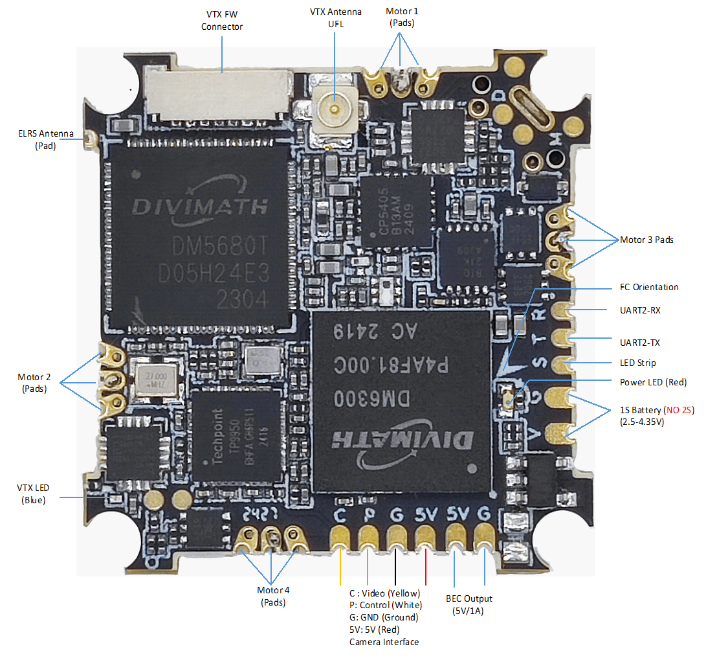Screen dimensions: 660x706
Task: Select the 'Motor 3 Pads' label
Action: (x=646, y=240)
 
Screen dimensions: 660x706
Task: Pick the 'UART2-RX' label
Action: (x=640, y=310)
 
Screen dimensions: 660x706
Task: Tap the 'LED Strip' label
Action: (x=637, y=363)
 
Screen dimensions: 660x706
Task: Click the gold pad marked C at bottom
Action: (x=339, y=538)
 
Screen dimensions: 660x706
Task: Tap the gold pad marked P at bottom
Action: (x=368, y=538)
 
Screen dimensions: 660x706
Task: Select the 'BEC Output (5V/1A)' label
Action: (x=469, y=604)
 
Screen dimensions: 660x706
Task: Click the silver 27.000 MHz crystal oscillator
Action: (x=153, y=379)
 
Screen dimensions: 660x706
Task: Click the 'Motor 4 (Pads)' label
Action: (x=273, y=596)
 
